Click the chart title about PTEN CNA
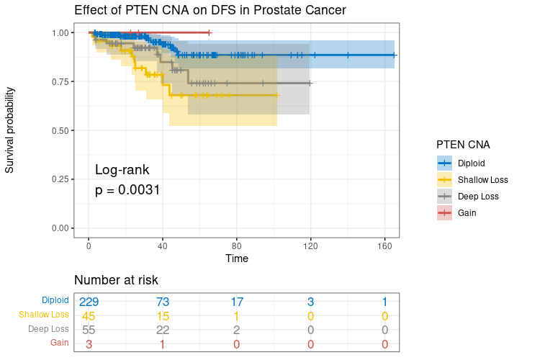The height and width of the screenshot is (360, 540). pyautogui.click(x=210, y=11)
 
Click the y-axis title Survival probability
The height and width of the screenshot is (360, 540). pyautogui.click(x=10, y=130)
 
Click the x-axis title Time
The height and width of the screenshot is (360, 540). pyautogui.click(x=237, y=258)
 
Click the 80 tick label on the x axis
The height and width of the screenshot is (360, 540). pyautogui.click(x=237, y=246)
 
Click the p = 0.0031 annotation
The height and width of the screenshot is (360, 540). pyautogui.click(x=127, y=190)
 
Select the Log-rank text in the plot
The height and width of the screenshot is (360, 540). pyautogui.click(x=122, y=170)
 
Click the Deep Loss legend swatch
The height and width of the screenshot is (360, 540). pyautogui.click(x=444, y=196)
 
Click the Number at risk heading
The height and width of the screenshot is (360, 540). pyautogui.click(x=116, y=280)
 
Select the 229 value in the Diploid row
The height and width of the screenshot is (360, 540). pyautogui.click(x=89, y=301)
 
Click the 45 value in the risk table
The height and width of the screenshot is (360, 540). pyautogui.click(x=89, y=315)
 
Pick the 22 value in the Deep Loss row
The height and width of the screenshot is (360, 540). pyautogui.click(x=163, y=330)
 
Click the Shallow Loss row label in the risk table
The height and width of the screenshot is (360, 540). pyautogui.click(x=43, y=315)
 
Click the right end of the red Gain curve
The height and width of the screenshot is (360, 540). pyautogui.click(x=209, y=32)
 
